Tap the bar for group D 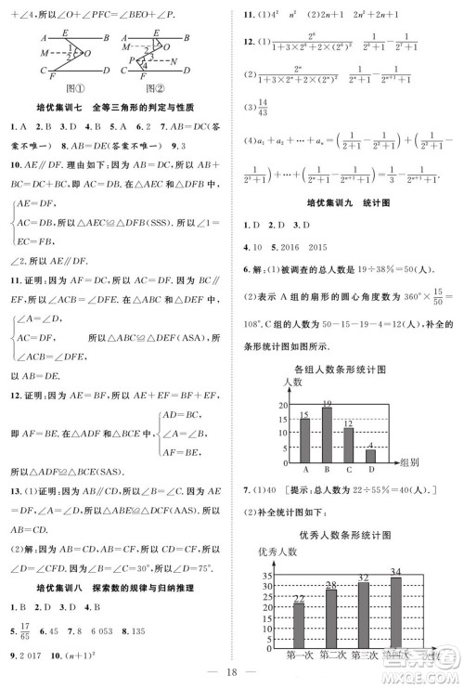point(370,452)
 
